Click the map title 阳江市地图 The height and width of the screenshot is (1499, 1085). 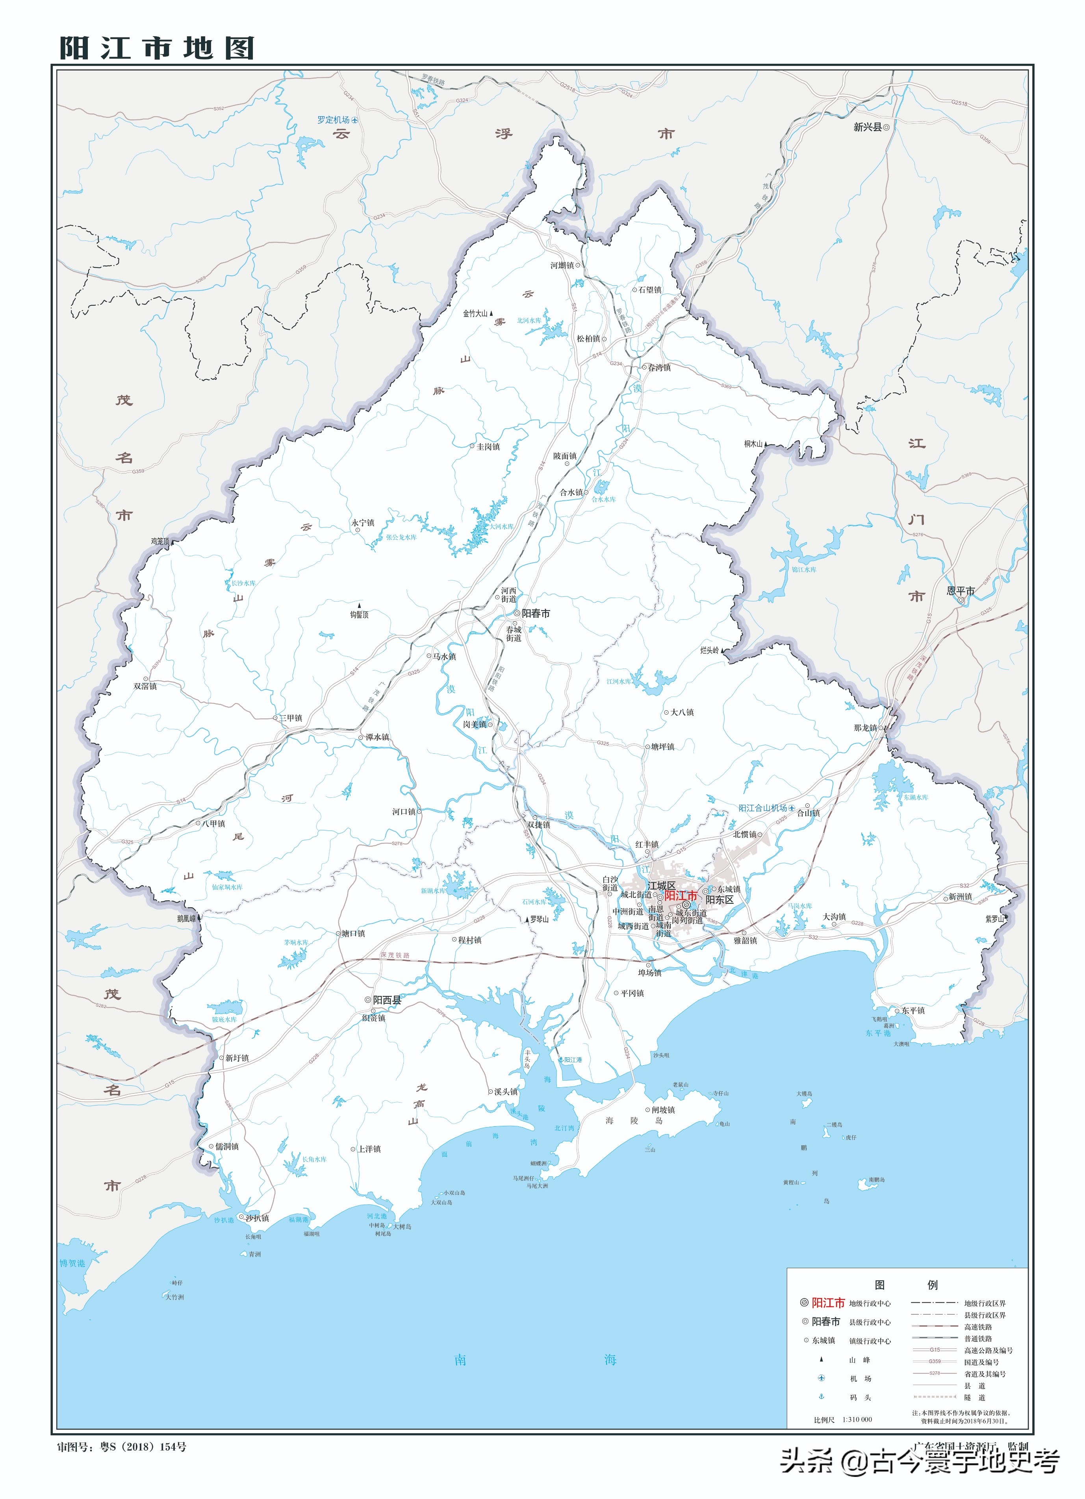(x=157, y=48)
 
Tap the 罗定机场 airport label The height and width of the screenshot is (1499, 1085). (x=333, y=120)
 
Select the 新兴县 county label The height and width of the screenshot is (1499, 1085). (x=868, y=127)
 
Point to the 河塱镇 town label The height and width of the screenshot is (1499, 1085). (x=562, y=265)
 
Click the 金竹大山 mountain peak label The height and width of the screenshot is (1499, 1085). (x=475, y=313)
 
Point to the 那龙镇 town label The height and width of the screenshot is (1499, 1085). (x=866, y=728)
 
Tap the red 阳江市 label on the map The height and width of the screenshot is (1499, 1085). (x=681, y=895)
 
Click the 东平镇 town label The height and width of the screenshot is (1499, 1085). (x=913, y=1010)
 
